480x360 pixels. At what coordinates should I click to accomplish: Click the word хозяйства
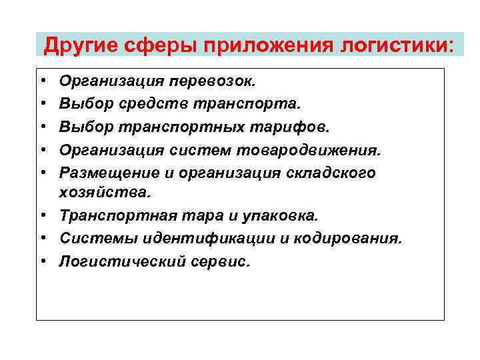click(105, 193)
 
